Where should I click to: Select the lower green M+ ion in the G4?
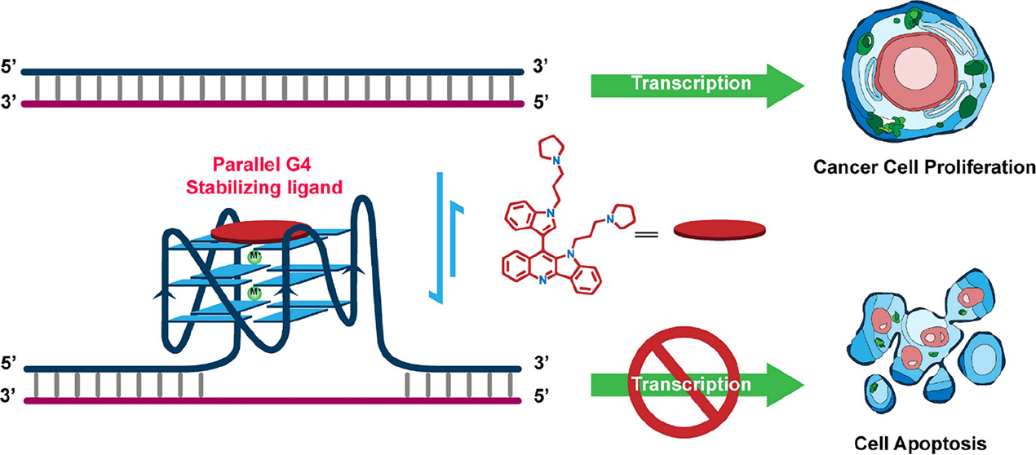point(255,292)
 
